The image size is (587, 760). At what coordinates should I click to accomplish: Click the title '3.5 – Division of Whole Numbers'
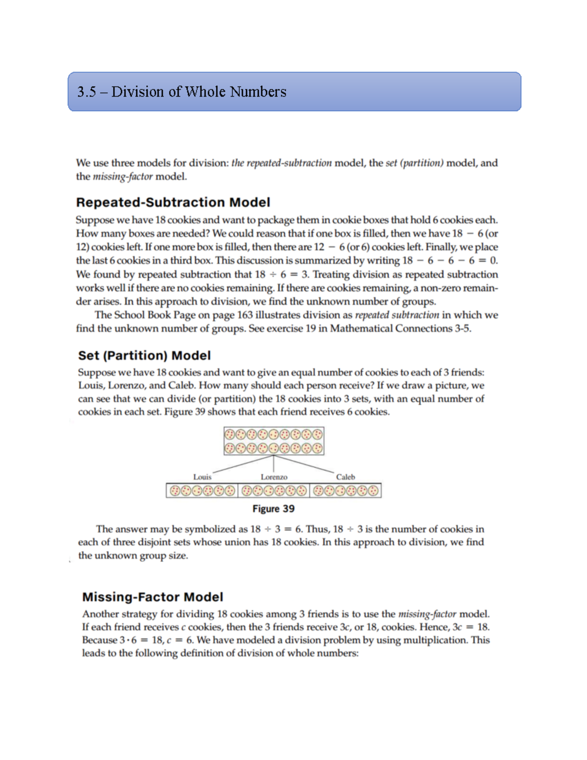181,92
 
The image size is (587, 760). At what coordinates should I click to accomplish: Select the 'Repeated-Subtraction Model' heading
173,202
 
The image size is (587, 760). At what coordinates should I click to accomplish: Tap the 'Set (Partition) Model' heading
144,355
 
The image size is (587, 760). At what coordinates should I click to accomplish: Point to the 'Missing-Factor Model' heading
153,597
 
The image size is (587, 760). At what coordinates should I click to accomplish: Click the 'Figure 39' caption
273,508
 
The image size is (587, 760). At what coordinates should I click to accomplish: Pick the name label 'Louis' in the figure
202,477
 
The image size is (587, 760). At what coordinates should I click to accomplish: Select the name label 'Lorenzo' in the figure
274,477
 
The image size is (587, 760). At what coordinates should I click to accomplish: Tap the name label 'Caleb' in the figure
345,477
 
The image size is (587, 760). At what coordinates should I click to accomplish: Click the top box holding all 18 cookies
273,441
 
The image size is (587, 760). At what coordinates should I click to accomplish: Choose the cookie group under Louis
202,490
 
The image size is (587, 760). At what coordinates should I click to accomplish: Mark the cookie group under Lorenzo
274,490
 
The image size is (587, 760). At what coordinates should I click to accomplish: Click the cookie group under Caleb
345,490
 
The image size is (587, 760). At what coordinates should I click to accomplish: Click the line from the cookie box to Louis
243,464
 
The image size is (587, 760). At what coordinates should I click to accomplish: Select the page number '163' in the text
245,315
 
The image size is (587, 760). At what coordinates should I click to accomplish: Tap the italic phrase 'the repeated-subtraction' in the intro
281,163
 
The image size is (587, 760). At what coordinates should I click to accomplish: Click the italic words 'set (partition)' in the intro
414,163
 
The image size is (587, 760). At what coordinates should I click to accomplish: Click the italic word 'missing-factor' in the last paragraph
427,614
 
